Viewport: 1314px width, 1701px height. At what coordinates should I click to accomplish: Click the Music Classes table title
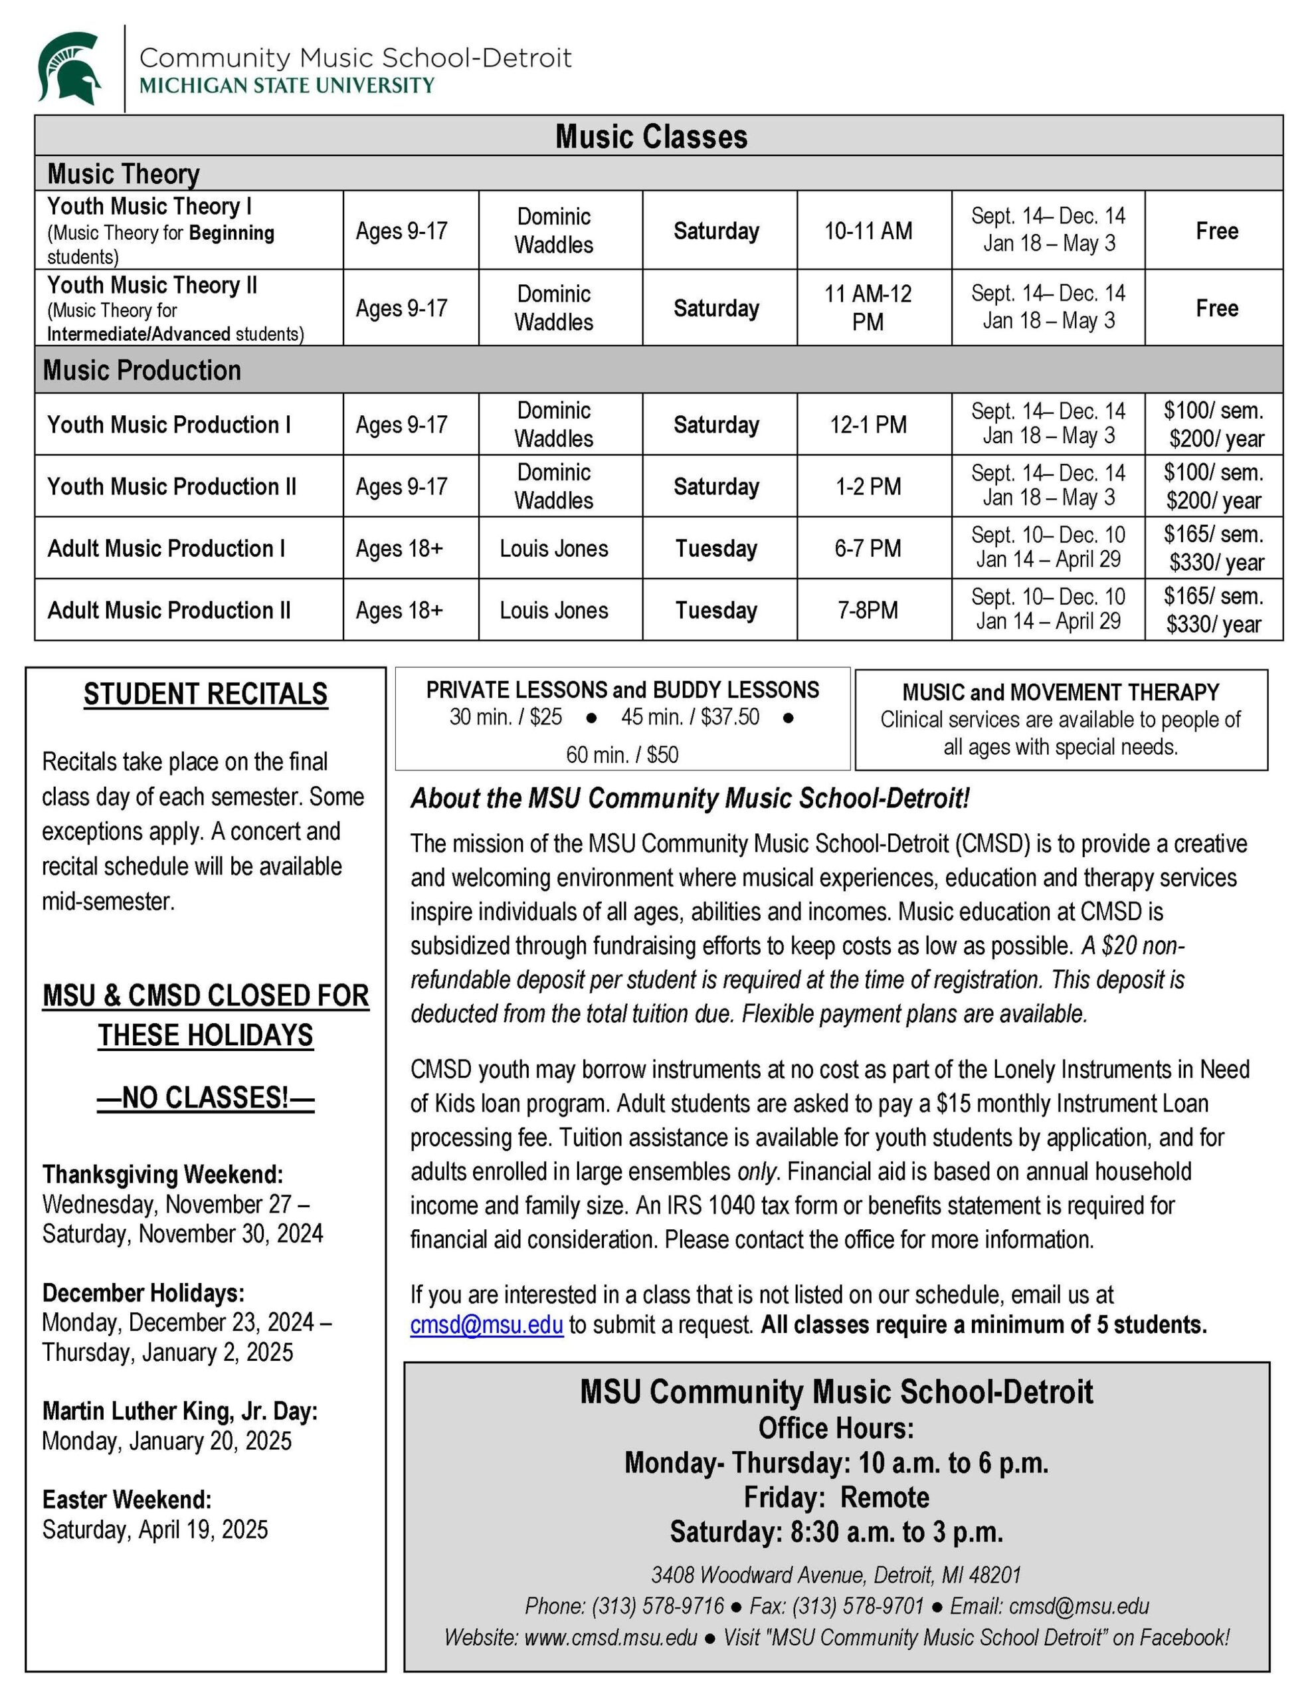651,136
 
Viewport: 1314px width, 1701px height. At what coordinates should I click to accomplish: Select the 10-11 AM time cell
868,231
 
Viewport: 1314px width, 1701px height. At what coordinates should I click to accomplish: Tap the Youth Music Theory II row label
152,285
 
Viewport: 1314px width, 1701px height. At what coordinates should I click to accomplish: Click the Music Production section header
141,370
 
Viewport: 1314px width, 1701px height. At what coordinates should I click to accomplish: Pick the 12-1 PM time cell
868,425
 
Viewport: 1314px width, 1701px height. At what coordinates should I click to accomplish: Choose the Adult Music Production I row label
166,548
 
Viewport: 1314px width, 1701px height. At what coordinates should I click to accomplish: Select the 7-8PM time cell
868,610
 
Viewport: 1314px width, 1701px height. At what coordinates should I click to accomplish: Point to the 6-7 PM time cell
868,548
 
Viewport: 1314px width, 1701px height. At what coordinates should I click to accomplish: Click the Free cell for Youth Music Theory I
1216,231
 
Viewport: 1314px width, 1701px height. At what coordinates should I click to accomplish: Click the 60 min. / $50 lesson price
622,754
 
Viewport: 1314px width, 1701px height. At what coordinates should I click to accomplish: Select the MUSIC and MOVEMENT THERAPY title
1060,692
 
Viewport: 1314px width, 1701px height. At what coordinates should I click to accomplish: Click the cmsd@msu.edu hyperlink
486,1326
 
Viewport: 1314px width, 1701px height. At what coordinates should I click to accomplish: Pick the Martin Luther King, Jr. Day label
180,1411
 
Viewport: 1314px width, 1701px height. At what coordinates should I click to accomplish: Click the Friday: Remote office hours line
836,1497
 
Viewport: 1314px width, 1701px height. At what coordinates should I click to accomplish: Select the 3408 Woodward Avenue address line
836,1575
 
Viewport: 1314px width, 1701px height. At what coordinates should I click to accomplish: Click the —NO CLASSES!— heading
206,1098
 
